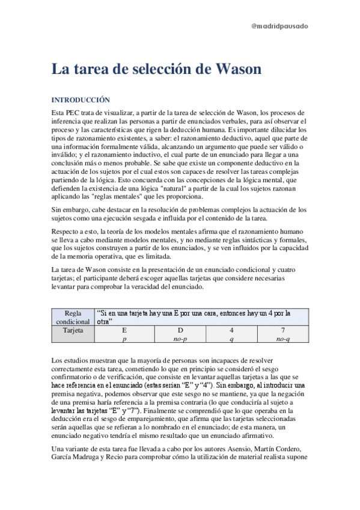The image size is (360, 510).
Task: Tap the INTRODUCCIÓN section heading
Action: [x=81, y=100]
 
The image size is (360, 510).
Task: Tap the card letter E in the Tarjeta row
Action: [x=124, y=330]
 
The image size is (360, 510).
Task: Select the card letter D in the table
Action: [x=180, y=330]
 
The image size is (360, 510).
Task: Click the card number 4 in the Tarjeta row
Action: [x=231, y=330]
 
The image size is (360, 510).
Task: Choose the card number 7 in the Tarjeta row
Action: [x=283, y=330]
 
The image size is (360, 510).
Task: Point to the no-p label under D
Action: [x=180, y=339]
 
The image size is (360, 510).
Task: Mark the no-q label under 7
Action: [x=283, y=339]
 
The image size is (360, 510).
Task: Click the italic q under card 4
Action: [x=231, y=339]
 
